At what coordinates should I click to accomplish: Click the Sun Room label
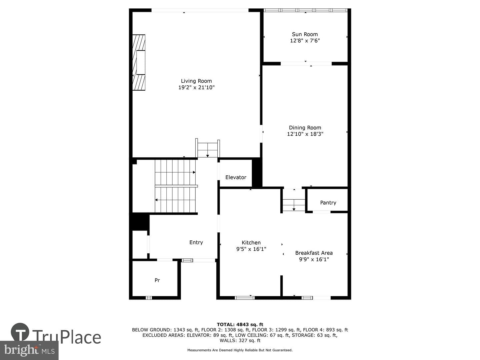[305, 34]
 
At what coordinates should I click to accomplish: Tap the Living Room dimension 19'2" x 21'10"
[196, 87]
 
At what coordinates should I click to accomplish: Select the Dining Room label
[305, 128]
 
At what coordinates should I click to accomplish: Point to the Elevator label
[236, 177]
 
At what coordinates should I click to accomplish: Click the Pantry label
[328, 203]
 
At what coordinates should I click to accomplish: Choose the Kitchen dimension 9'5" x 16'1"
[251, 249]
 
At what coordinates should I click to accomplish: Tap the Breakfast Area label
[314, 253]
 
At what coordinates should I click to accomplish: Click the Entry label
[196, 242]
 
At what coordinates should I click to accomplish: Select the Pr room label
[157, 280]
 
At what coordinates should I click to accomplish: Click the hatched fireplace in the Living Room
[139, 63]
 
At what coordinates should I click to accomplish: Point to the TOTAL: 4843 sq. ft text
[240, 324]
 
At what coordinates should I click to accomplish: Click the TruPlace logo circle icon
[20, 332]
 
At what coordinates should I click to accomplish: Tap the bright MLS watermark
[29, 350]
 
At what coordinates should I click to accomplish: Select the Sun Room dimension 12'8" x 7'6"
[305, 41]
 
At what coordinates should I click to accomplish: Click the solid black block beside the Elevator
[257, 173]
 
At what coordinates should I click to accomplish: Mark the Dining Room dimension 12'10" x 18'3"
[305, 134]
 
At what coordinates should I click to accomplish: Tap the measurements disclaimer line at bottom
[240, 350]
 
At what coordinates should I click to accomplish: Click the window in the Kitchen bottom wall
[245, 297]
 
